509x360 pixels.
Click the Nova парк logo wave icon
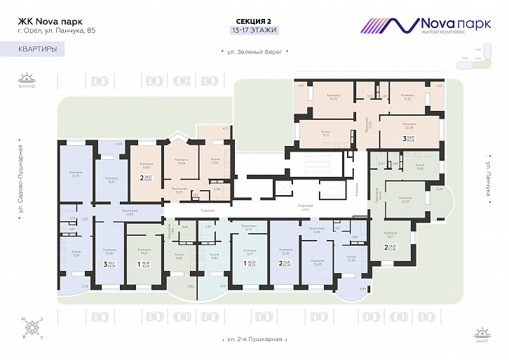[x=389, y=25]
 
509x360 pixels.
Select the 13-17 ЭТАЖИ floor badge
[x=254, y=30]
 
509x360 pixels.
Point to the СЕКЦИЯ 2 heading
[x=254, y=21]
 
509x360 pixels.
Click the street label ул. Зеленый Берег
[x=254, y=52]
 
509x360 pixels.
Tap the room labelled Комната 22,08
[x=409, y=126]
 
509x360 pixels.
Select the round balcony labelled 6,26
[x=440, y=189]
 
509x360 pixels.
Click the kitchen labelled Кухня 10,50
[x=351, y=261]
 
